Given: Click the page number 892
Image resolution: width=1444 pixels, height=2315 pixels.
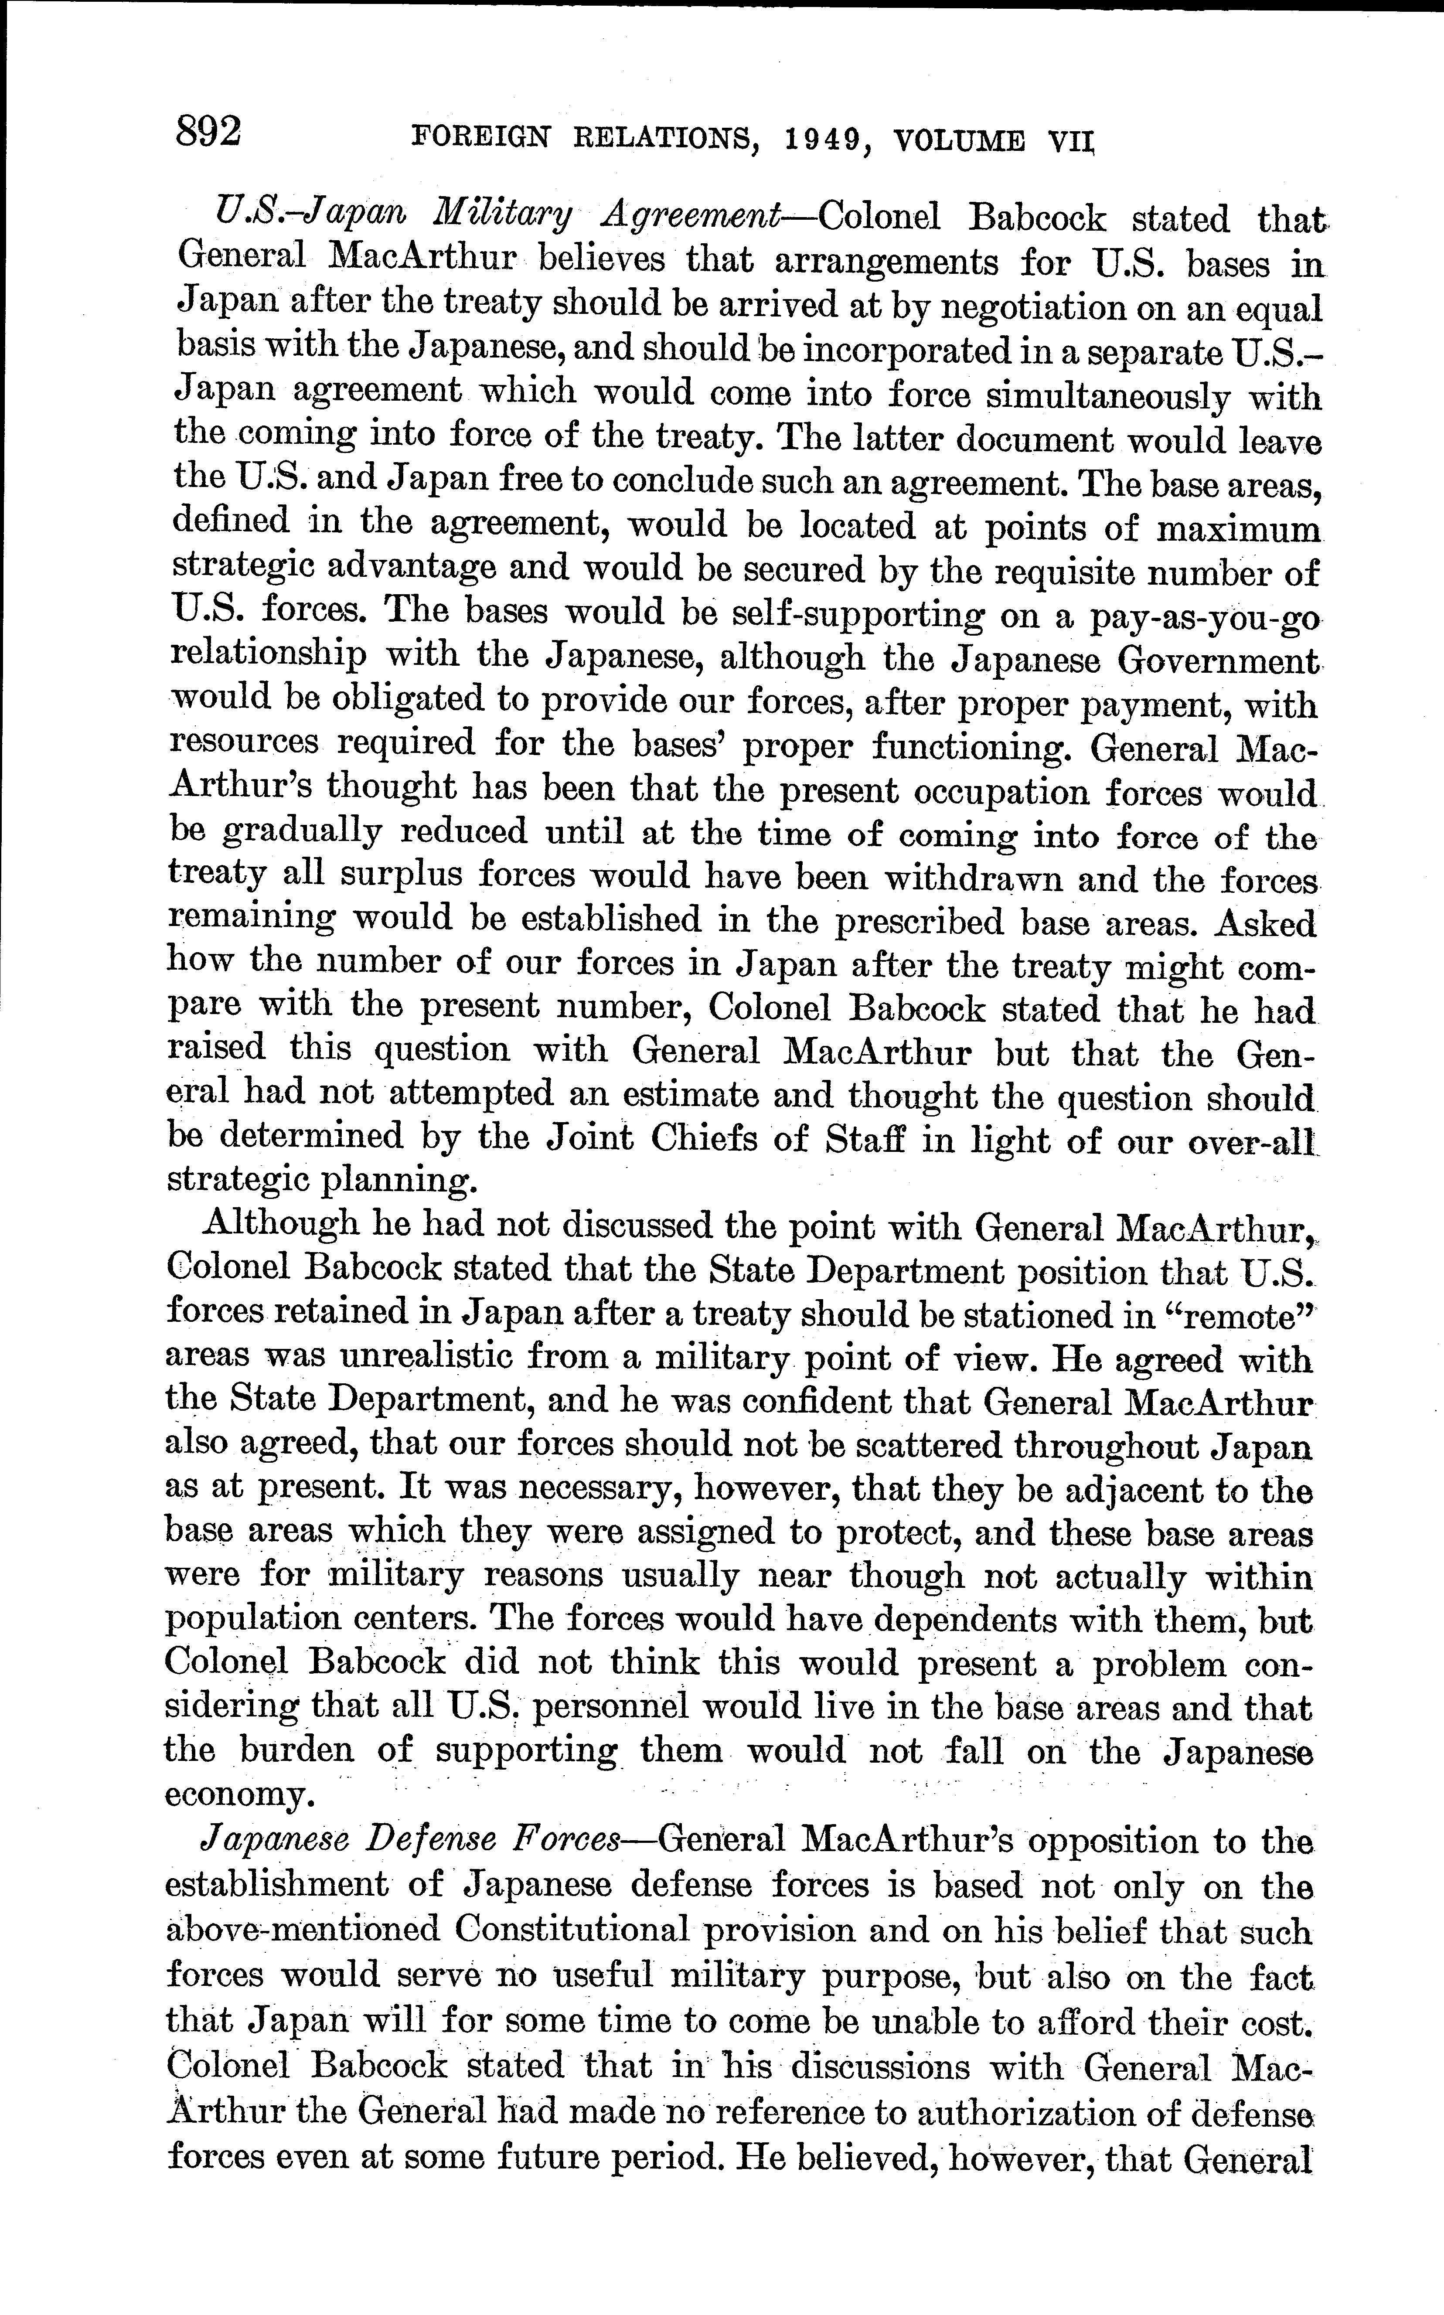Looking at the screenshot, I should click(208, 131).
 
